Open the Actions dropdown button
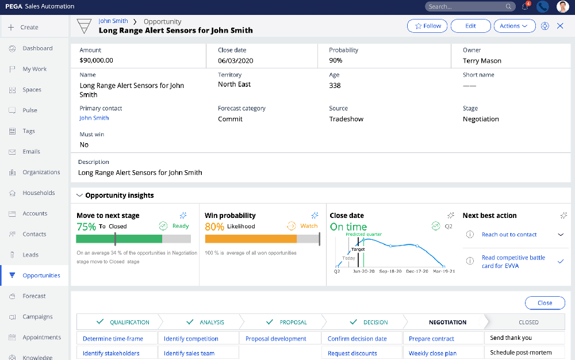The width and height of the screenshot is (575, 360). pyautogui.click(x=514, y=26)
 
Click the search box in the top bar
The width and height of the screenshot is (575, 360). pyautogui.click(x=466, y=6)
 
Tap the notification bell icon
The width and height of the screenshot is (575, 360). pyautogui.click(x=525, y=6)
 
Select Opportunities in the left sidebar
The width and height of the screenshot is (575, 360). pyautogui.click(x=41, y=275)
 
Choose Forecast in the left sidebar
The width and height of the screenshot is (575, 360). pyautogui.click(x=34, y=296)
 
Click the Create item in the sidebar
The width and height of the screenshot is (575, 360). pyautogui.click(x=29, y=27)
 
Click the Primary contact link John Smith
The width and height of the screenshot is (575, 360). pyautogui.click(x=94, y=118)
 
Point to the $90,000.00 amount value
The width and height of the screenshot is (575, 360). pyautogui.click(x=96, y=60)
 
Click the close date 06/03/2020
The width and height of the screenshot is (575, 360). pyautogui.click(x=235, y=60)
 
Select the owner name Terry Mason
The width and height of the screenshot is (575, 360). pyautogui.click(x=482, y=60)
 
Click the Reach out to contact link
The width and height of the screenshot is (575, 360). pyautogui.click(x=509, y=235)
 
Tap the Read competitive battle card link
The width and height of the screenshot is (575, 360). pyautogui.click(x=513, y=262)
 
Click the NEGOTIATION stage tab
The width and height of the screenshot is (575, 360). pyautogui.click(x=447, y=322)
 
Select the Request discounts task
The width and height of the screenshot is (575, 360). pyautogui.click(x=352, y=353)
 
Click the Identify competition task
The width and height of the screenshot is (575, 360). pyautogui.click(x=191, y=339)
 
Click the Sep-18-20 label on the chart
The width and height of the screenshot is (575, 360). pyautogui.click(x=391, y=270)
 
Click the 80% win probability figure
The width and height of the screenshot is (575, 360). pyautogui.click(x=214, y=227)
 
